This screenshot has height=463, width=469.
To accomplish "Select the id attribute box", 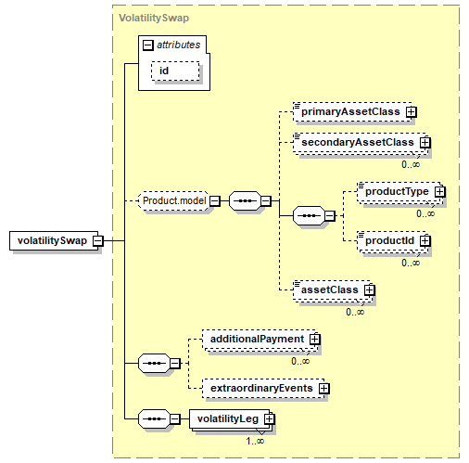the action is [x=175, y=71].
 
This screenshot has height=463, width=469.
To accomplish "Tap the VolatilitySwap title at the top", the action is [x=154, y=18].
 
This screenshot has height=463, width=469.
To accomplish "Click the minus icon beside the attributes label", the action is [x=148, y=45].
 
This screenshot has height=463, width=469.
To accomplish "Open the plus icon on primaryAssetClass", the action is [x=412, y=112].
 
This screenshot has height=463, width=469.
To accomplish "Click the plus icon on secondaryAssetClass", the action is [x=425, y=143].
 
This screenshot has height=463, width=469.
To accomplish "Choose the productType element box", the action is [x=399, y=192].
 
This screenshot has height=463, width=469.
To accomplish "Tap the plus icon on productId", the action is [x=425, y=240].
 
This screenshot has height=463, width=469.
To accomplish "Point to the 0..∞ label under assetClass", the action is [x=355, y=312].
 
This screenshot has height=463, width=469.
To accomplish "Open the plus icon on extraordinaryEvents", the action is [x=324, y=389].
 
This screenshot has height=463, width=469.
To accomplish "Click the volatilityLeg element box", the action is [x=231, y=419].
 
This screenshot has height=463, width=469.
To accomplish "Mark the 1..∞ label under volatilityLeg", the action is [x=255, y=441].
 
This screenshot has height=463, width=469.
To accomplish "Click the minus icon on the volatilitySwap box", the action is [x=98, y=240].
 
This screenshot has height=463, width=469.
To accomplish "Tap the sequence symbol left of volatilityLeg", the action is [x=154, y=419].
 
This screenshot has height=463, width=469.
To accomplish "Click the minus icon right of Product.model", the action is [x=215, y=201].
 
